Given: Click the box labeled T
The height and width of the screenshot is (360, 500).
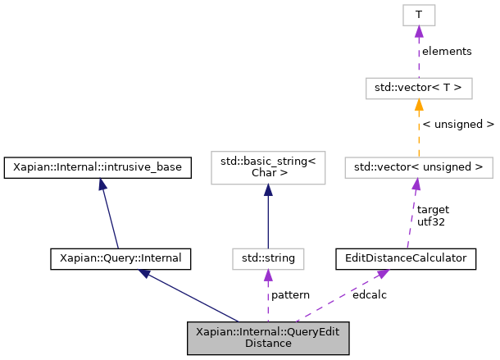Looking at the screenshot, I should pyautogui.click(x=419, y=14).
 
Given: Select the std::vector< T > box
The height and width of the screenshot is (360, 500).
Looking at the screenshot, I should pyautogui.click(x=419, y=86).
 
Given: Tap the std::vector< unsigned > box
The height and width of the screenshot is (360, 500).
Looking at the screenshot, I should pyautogui.click(x=419, y=168).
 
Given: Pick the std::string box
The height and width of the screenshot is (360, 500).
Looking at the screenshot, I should pyautogui.click(x=268, y=259).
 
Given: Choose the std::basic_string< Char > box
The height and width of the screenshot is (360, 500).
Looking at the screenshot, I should pyautogui.click(x=268, y=167).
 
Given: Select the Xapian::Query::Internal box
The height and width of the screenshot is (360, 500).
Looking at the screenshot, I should pyautogui.click(x=120, y=259).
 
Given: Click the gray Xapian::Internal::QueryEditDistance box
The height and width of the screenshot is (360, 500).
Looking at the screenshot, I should pyautogui.click(x=268, y=338).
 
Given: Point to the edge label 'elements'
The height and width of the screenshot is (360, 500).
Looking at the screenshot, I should pyautogui.click(x=447, y=51).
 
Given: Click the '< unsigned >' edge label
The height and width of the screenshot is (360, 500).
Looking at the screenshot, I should pyautogui.click(x=457, y=125).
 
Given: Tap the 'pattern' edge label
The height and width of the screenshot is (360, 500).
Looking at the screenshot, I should pyautogui.click(x=290, y=294).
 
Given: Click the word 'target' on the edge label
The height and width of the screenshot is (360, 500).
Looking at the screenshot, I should pyautogui.click(x=433, y=209).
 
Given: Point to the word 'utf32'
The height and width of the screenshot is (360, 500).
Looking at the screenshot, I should pyautogui.click(x=430, y=221).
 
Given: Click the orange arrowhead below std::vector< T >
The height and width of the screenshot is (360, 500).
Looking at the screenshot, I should pyautogui.click(x=419, y=103).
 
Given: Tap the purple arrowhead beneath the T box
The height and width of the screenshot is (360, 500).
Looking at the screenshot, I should pyautogui.click(x=419, y=30).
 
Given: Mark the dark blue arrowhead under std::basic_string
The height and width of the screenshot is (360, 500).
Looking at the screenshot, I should pyautogui.click(x=268, y=190).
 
